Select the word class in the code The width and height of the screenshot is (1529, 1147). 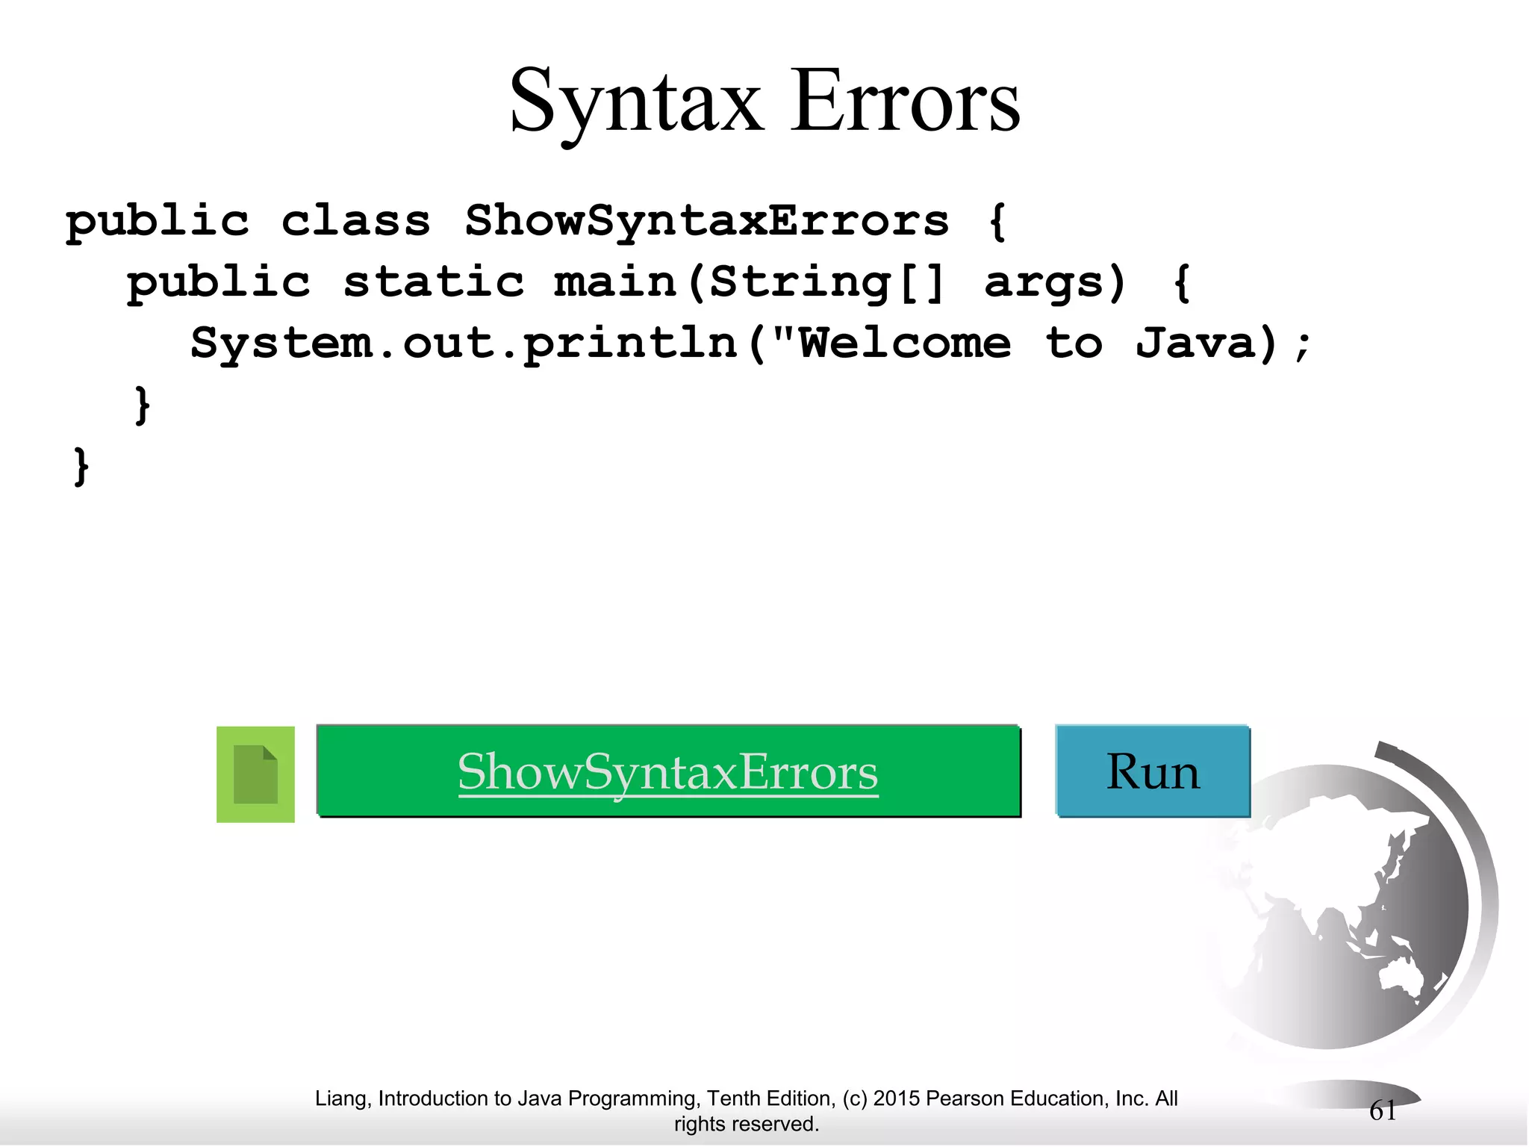click(x=355, y=221)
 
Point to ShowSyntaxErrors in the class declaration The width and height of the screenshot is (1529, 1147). click(x=706, y=222)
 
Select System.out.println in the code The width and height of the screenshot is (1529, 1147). click(x=464, y=344)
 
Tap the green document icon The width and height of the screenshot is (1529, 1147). click(x=255, y=774)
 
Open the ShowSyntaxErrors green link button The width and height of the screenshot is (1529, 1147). click(x=668, y=771)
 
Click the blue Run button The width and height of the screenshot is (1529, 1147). click(x=1152, y=771)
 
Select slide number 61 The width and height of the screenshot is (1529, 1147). click(x=1383, y=1111)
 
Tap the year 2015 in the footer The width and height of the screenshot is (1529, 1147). click(x=896, y=1098)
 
